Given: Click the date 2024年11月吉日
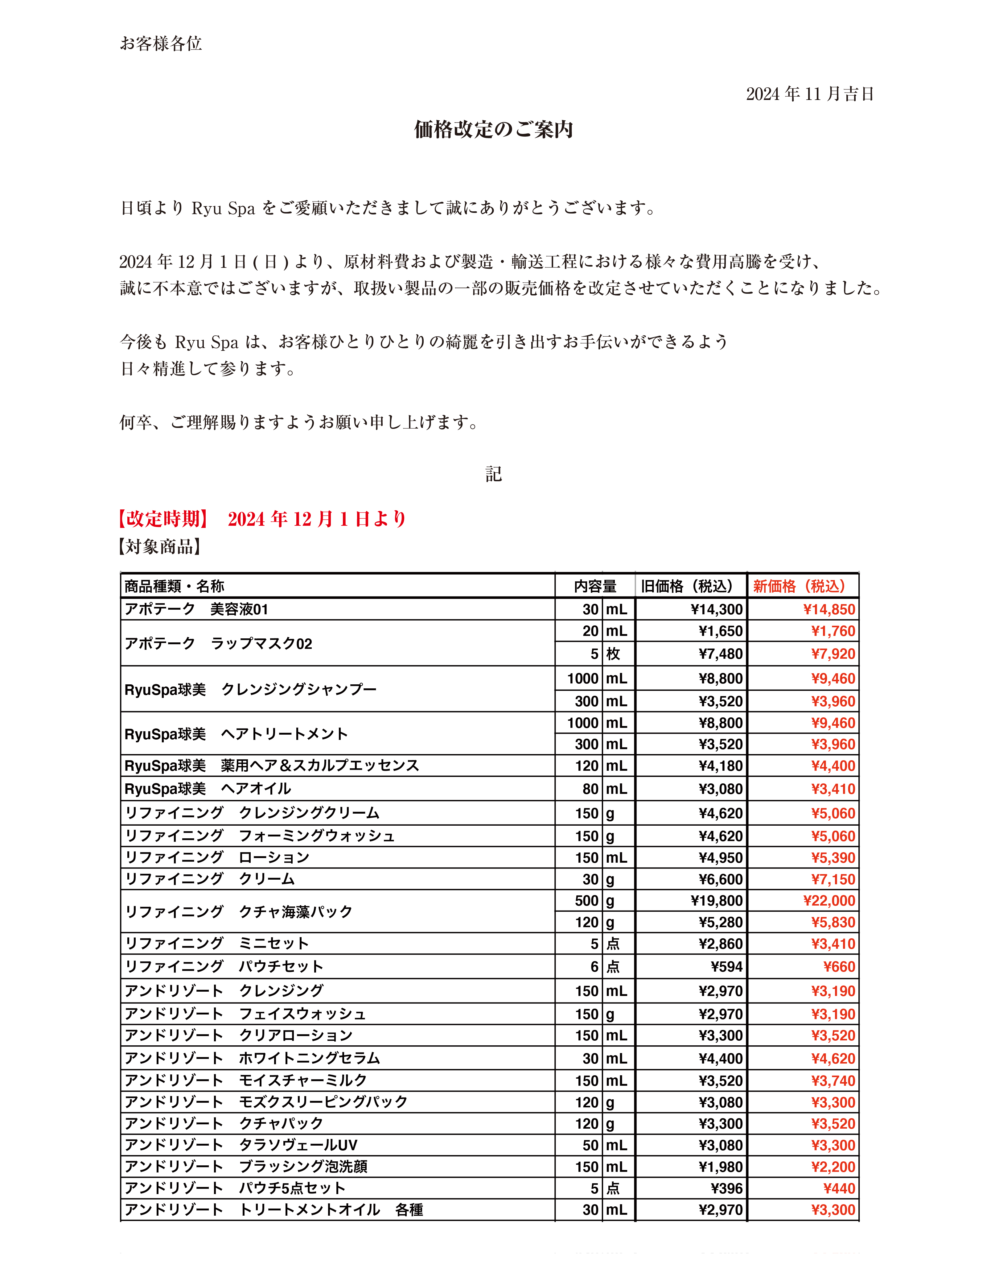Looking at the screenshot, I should (810, 94).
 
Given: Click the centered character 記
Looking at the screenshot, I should (493, 474).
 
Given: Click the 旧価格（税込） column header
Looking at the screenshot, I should (687, 586).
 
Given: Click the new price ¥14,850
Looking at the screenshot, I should (829, 609).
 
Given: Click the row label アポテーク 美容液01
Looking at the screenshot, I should (196, 609).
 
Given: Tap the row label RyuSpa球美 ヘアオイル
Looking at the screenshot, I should (208, 789).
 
